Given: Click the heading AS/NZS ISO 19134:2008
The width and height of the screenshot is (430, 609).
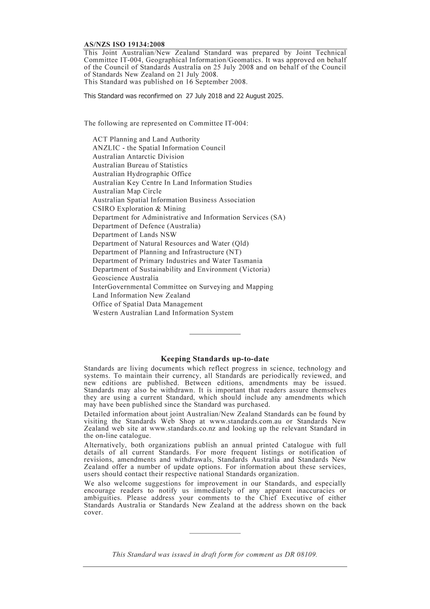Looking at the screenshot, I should click(124, 44).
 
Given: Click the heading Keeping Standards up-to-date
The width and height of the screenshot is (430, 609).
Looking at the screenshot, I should click(215, 359).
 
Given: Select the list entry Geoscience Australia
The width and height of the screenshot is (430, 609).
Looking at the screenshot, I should click(125, 278).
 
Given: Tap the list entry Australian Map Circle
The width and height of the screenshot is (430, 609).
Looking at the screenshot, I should click(127, 191).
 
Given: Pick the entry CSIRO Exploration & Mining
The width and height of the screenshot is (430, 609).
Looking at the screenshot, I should click(139, 209).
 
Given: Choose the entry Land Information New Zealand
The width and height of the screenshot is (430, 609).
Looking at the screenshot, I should click(141, 295).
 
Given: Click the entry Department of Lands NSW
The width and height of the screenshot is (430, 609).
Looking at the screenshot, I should click(134, 235).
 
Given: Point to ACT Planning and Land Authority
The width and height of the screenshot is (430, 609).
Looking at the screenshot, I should click(146, 139).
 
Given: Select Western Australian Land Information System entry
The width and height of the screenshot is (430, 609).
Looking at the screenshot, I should click(163, 313).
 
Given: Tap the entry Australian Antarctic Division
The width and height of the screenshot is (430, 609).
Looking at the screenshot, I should click(138, 157).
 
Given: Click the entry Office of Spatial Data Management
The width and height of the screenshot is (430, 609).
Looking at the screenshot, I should click(148, 304).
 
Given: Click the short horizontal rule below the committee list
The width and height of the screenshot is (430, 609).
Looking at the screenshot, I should click(215, 334).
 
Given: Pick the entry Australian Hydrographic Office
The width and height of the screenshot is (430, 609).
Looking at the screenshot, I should click(142, 174).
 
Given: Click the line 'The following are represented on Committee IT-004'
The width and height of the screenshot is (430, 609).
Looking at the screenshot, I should click(166, 124).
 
